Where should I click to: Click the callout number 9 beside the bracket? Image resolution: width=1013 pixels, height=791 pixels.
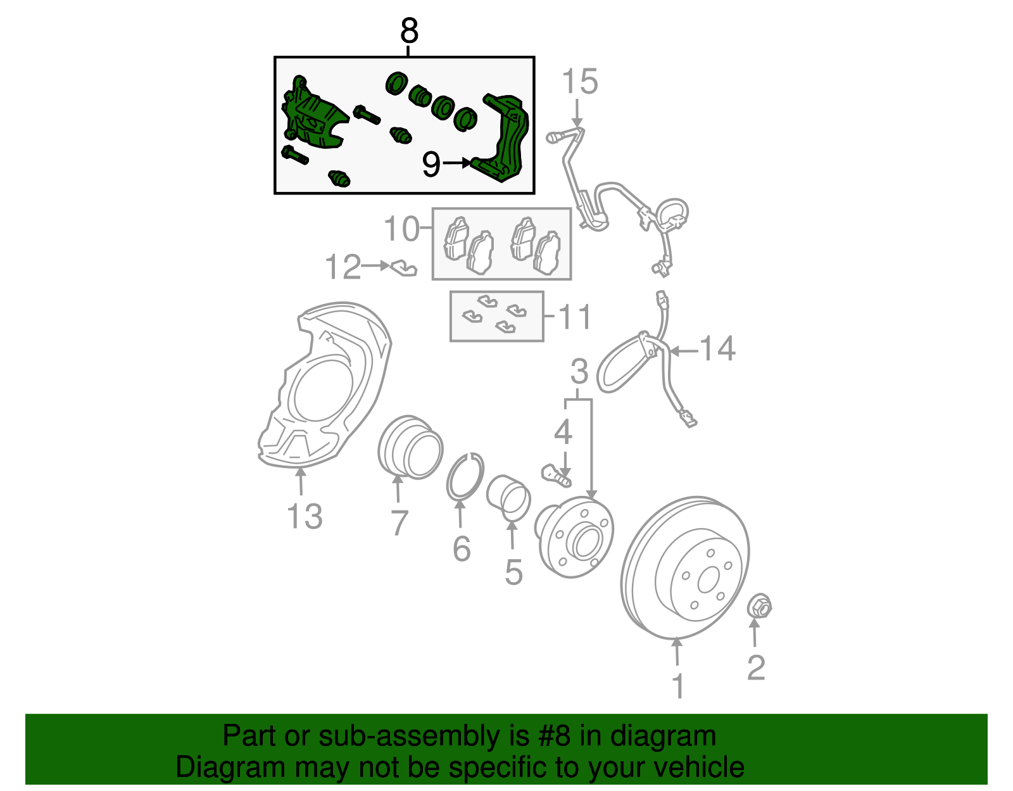[431, 165]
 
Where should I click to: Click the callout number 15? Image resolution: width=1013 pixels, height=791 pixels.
[579, 82]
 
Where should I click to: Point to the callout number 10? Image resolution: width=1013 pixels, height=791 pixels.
[401, 228]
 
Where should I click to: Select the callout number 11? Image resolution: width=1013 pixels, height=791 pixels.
[575, 316]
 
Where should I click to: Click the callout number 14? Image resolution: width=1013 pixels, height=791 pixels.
[717, 348]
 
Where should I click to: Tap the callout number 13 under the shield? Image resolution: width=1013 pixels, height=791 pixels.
[305, 516]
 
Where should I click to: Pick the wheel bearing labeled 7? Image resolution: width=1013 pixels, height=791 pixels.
[410, 447]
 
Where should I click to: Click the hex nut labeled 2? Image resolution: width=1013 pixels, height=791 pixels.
[759, 606]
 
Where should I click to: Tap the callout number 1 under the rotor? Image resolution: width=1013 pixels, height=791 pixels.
[677, 686]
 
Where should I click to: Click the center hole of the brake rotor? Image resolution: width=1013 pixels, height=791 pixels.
[708, 580]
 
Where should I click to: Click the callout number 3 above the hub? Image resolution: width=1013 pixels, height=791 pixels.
[579, 372]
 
